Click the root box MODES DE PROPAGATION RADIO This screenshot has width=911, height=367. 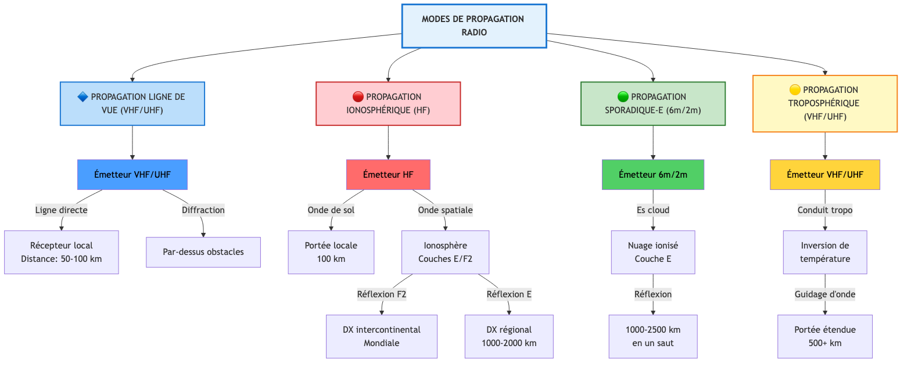(x=473, y=26)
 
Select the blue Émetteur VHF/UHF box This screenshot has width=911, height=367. (x=132, y=174)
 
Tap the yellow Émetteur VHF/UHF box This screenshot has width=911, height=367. (x=825, y=174)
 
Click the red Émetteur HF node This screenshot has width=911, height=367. (x=388, y=174)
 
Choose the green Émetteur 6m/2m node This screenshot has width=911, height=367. (x=653, y=174)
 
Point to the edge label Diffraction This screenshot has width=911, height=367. (x=203, y=210)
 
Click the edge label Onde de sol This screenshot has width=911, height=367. (x=331, y=210)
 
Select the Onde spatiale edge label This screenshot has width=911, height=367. (x=445, y=210)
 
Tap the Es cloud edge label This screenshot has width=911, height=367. (x=653, y=210)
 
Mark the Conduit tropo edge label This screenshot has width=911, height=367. (x=825, y=210)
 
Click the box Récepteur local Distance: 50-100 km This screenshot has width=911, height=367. (x=62, y=252)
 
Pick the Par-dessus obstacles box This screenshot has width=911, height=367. (x=203, y=252)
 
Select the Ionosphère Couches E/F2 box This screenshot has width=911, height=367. (x=446, y=252)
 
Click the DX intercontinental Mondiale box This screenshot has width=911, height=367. (x=381, y=336)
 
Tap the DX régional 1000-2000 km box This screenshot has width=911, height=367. (x=509, y=336)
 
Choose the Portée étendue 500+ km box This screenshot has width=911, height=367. (x=825, y=336)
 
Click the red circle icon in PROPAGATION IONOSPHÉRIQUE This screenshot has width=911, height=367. (x=358, y=96)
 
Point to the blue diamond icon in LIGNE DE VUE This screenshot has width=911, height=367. (x=83, y=96)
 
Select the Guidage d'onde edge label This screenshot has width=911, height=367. (x=825, y=294)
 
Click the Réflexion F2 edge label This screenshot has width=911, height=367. (x=382, y=294)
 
